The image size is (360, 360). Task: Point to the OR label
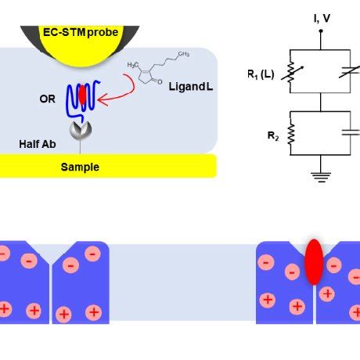(x=47, y=99)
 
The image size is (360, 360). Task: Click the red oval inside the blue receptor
(x=82, y=94)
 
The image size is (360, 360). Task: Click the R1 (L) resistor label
(x=260, y=75)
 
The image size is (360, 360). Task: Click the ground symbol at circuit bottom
(x=321, y=176)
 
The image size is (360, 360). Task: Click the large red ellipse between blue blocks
(x=314, y=261)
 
